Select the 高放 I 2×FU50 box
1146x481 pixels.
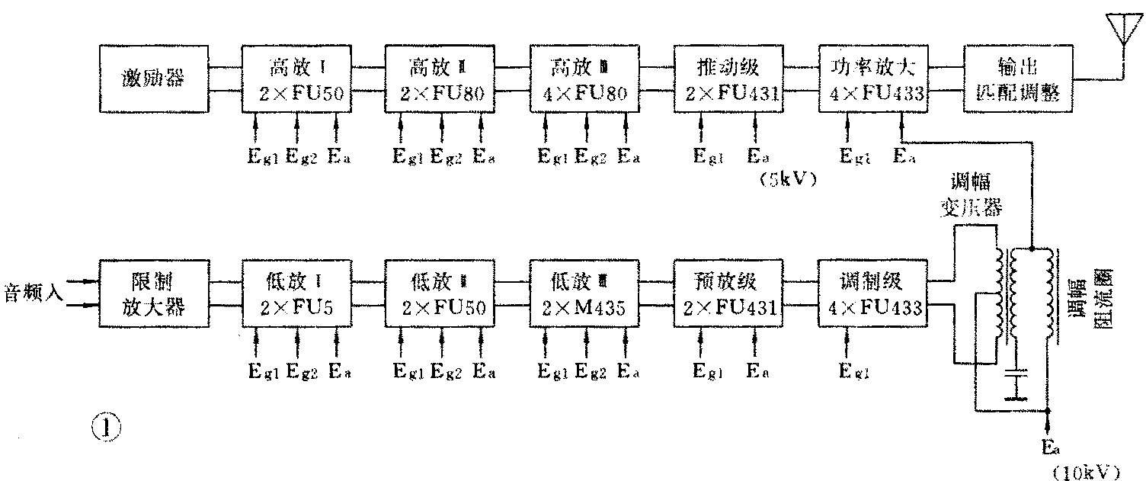pos(296,79)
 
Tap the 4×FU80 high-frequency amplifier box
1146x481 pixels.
pos(584,79)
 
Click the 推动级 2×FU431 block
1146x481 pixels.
pos(728,79)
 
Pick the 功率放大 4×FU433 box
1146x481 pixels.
pos(872,79)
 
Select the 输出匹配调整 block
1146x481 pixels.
pos(1016,79)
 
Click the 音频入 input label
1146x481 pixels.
pos(40,293)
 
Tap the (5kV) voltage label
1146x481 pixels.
pos(788,181)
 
